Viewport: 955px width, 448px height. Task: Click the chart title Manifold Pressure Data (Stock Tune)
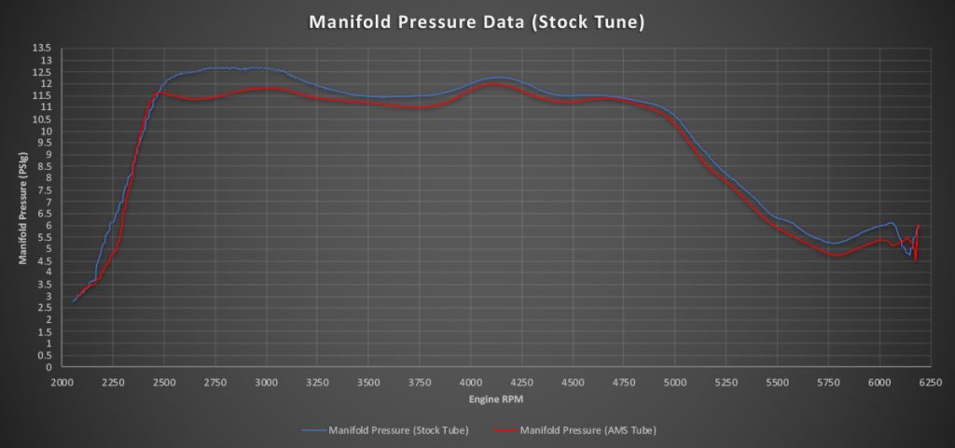(x=477, y=22)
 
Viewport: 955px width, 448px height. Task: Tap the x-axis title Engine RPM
(x=496, y=399)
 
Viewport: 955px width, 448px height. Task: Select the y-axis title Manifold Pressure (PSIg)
(x=22, y=207)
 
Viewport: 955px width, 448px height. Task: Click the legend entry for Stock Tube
(x=385, y=429)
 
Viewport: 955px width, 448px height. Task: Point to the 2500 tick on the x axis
(x=163, y=383)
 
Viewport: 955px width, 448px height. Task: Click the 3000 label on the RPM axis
(x=266, y=383)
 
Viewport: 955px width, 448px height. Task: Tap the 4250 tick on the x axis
(x=521, y=383)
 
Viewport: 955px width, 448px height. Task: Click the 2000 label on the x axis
(x=61, y=383)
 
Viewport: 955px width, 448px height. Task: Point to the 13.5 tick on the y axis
(x=47, y=49)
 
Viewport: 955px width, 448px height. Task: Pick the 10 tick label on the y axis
(x=48, y=131)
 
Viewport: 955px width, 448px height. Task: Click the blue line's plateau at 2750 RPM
(x=215, y=68)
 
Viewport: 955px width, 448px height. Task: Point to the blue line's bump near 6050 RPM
(x=890, y=223)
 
